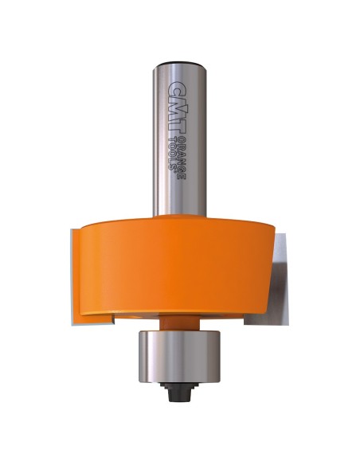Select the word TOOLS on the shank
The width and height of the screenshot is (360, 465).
tap(172, 152)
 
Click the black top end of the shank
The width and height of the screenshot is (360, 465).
tap(180, 64)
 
